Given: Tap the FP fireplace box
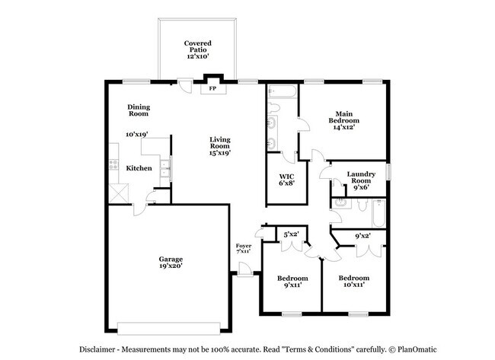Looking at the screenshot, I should click(213, 88).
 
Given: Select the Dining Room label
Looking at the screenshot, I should click(138, 110).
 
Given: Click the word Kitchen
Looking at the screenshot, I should click(138, 168).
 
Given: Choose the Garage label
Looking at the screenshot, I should click(170, 258).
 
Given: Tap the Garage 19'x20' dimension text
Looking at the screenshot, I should click(170, 266).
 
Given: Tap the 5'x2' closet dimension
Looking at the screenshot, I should click(292, 235).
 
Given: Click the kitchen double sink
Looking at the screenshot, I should click(164, 169).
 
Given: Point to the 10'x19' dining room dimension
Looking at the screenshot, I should click(136, 135).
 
